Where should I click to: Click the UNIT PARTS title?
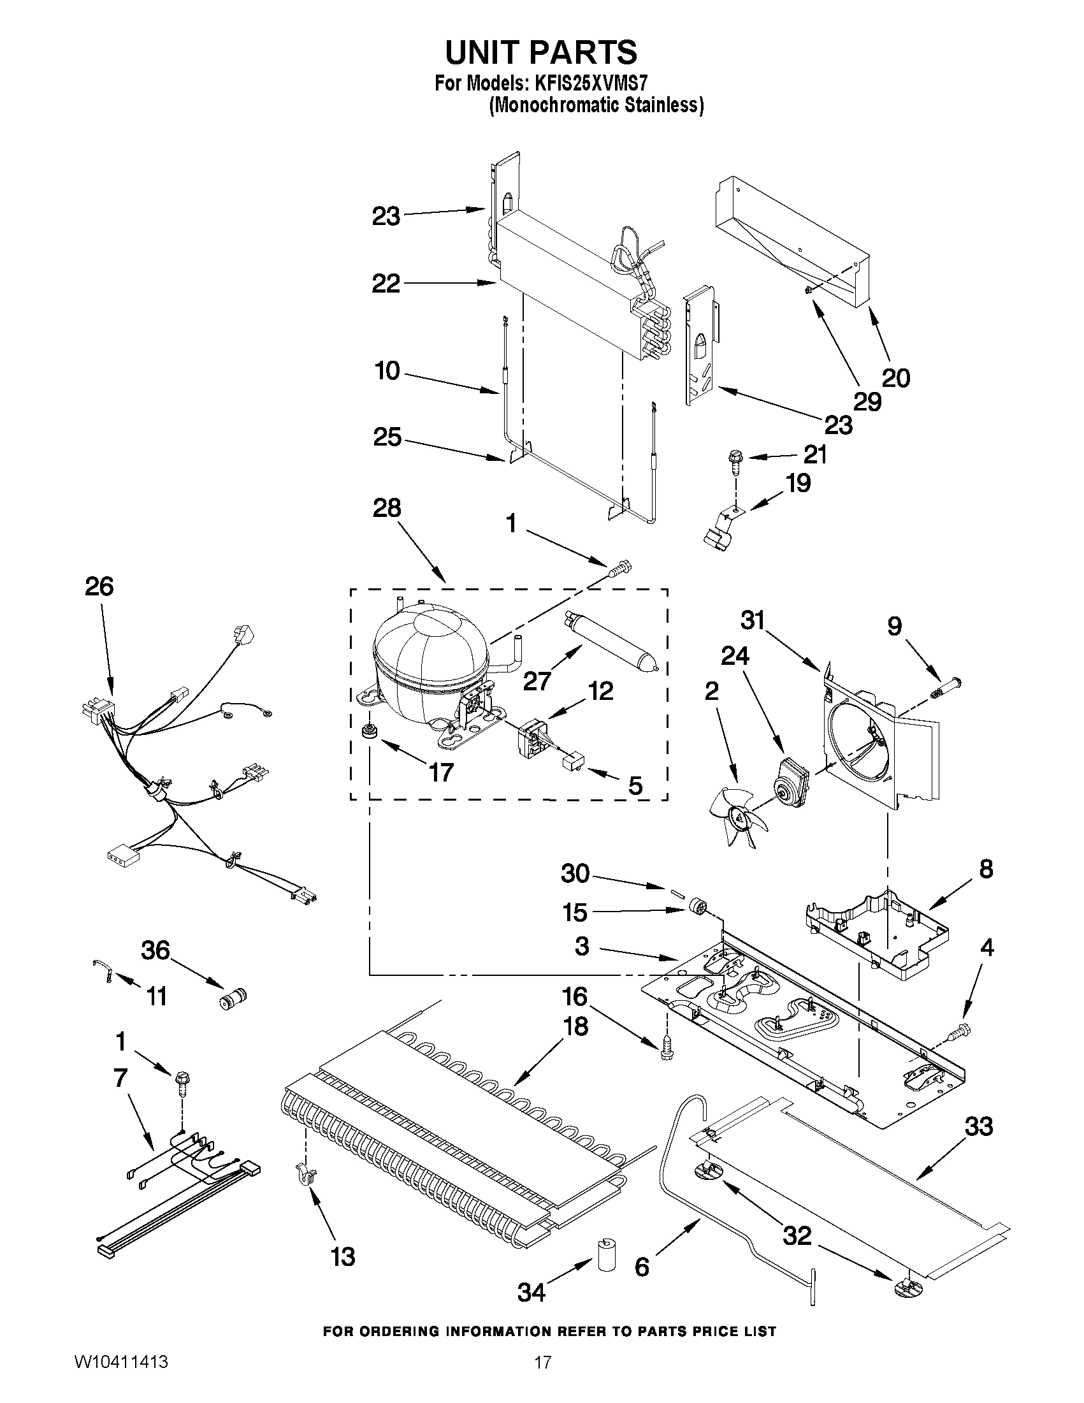pos(541,53)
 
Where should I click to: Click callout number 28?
pos(387,508)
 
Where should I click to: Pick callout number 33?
pos(979,1126)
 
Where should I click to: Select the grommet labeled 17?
pos(368,731)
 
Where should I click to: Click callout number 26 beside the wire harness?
pos(99,586)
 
